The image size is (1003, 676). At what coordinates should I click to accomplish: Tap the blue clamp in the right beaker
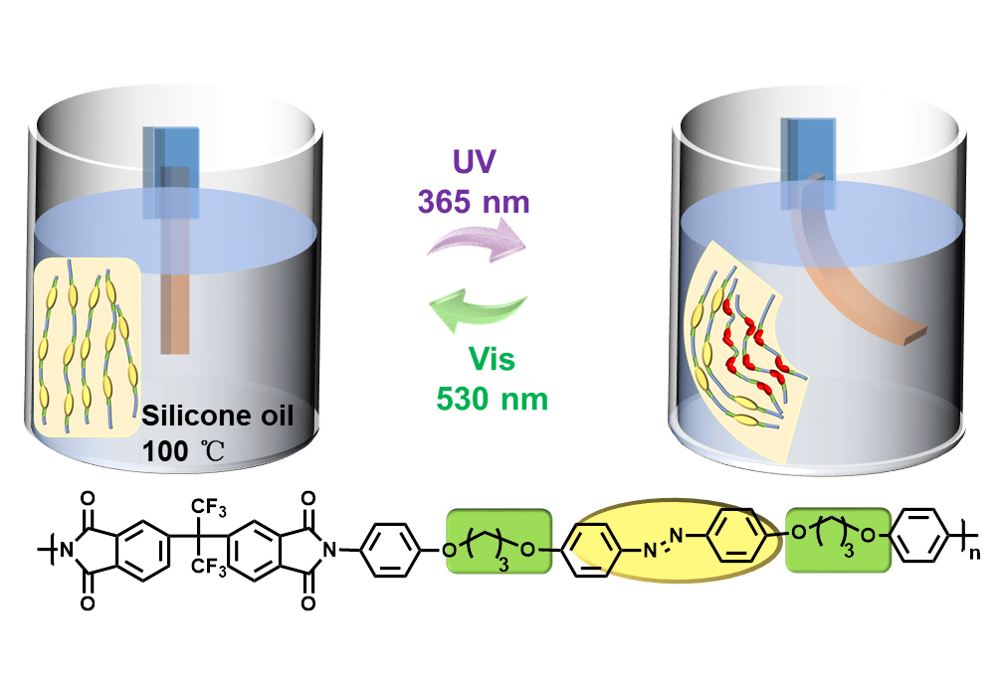pyautogui.click(x=807, y=159)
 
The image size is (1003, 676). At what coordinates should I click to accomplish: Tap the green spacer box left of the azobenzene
pyautogui.click(x=498, y=541)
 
